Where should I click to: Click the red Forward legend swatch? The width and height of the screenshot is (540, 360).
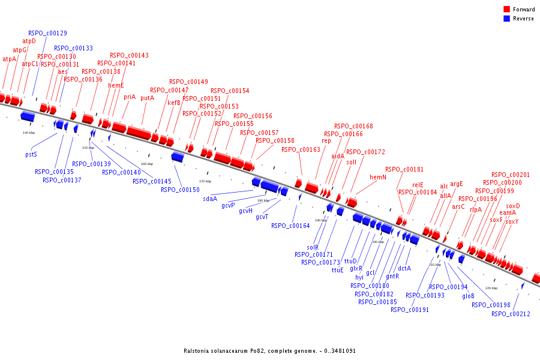(x=506, y=10)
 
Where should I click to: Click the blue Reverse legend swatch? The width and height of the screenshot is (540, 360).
(x=506, y=19)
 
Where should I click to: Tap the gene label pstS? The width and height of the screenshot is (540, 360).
(x=31, y=154)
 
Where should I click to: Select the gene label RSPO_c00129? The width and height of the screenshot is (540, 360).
(x=47, y=33)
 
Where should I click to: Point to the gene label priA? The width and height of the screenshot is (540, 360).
(x=130, y=97)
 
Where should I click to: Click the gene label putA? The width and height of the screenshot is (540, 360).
(x=147, y=98)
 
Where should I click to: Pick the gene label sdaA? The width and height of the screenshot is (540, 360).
(x=209, y=198)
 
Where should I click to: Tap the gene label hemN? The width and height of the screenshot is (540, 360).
(x=378, y=177)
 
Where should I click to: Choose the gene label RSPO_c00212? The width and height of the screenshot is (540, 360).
(x=511, y=314)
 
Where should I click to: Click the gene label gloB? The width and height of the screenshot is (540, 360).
(x=468, y=296)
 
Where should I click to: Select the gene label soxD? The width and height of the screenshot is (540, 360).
(x=513, y=206)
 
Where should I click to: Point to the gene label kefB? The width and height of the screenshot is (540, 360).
(x=174, y=103)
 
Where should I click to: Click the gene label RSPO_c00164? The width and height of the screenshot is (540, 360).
(x=290, y=226)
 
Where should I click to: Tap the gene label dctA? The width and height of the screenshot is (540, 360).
(x=404, y=268)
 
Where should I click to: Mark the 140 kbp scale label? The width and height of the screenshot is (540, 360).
(x=29, y=133)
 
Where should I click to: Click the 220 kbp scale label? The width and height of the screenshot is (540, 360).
(x=491, y=288)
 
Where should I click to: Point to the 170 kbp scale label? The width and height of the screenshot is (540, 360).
(x=205, y=181)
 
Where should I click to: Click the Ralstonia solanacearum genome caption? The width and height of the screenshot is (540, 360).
(x=269, y=350)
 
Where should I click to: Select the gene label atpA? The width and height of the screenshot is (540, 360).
(x=10, y=59)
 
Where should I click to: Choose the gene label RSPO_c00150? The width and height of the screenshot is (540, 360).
(x=180, y=190)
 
